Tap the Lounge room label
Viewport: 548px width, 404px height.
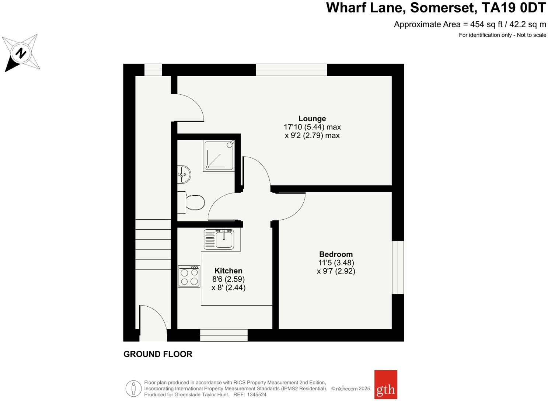[312, 119]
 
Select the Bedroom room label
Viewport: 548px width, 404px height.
[336, 254]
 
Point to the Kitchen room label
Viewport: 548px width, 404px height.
[228, 271]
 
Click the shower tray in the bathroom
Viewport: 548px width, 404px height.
[219, 155]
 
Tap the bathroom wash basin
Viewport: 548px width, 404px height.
[184, 174]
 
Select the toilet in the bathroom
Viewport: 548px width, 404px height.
[192, 202]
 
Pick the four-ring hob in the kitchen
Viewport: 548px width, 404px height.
[189, 276]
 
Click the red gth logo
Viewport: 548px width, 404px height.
[386, 384]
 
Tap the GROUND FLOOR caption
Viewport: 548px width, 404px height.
[158, 354]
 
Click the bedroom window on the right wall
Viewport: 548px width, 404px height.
[398, 267]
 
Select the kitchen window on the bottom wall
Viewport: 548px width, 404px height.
[224, 335]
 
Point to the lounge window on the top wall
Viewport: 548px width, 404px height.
[292, 70]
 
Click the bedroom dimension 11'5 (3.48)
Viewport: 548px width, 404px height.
[336, 263]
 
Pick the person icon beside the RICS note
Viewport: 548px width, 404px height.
[133, 389]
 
